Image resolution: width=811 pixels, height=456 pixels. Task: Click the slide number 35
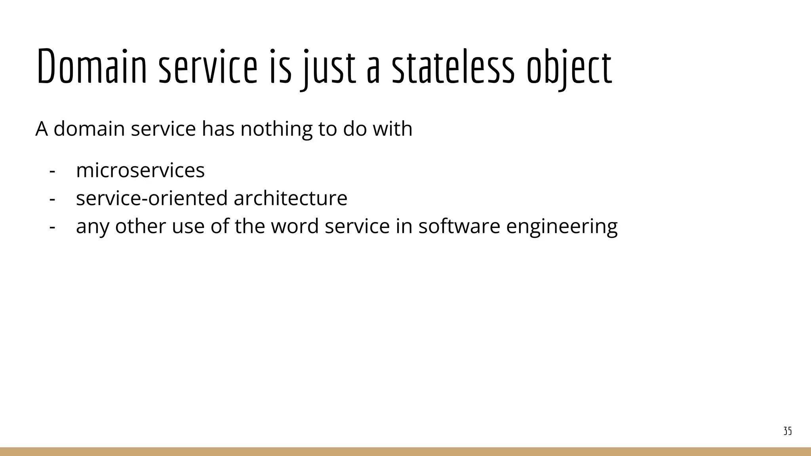788,431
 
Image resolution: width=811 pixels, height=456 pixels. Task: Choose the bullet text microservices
140,170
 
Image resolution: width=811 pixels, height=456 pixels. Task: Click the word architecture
290,198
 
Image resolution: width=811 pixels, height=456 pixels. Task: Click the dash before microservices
52,171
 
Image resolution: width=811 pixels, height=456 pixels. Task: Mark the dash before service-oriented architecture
52,199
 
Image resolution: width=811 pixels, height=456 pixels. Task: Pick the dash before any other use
52,227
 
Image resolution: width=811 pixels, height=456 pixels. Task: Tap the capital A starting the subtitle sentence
42,129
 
